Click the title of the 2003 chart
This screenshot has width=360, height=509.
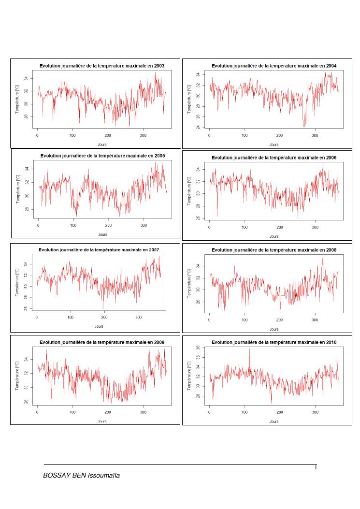click(x=101, y=65)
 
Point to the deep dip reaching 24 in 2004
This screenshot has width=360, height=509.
click(x=304, y=125)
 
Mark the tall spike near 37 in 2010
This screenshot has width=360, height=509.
click(x=249, y=349)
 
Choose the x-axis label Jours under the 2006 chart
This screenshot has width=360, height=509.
click(x=274, y=236)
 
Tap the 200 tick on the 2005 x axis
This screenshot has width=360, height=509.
click(x=109, y=225)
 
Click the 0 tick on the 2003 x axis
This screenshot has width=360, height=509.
click(x=37, y=135)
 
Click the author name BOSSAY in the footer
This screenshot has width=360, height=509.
click(x=57, y=476)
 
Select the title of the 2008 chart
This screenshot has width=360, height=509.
click(x=274, y=250)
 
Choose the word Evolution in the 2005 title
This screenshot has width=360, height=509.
click(x=53, y=156)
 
